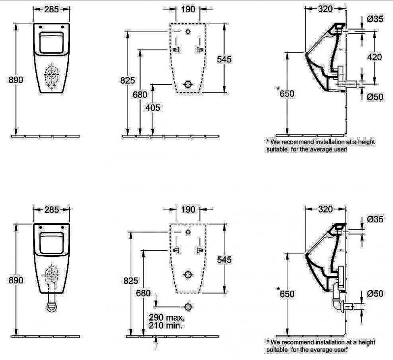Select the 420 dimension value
click(375, 57)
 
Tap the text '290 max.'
click(165, 318)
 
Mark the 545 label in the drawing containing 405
click(225, 59)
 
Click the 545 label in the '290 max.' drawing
click(225, 259)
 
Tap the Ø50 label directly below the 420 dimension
click(375, 97)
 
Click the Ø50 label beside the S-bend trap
click(375, 294)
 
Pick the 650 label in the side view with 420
click(287, 93)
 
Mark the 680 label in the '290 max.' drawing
click(142, 293)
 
